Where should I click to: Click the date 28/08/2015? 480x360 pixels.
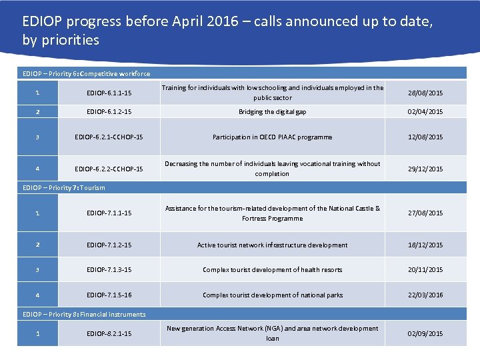pos(425,93)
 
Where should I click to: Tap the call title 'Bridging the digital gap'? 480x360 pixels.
pos(272,112)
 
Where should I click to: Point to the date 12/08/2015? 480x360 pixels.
pos(425,137)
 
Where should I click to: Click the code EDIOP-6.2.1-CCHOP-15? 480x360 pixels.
pos(109,137)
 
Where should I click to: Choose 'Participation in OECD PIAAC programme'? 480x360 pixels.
pos(272,137)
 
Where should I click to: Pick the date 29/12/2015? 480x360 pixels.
pos(425,169)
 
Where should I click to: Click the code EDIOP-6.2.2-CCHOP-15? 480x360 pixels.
pos(109,169)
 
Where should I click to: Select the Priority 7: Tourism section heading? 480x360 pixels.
pos(64,188)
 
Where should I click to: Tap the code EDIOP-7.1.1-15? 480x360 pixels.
pos(109,213)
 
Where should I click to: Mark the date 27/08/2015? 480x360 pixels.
pos(425,213)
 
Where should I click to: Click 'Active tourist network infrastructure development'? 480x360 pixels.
pos(272,245)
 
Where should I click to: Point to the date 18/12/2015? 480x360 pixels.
pos(425,245)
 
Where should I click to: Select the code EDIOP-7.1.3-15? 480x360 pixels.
pos(109,270)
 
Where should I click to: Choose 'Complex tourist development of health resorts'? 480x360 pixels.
pos(272,270)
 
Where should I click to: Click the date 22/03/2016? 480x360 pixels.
pos(425,295)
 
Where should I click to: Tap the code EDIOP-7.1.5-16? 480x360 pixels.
pos(109,295)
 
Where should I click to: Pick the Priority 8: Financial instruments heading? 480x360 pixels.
pos(84,315)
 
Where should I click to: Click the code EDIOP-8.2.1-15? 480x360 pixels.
pos(109,333)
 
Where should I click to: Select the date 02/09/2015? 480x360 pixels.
pos(425,333)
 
